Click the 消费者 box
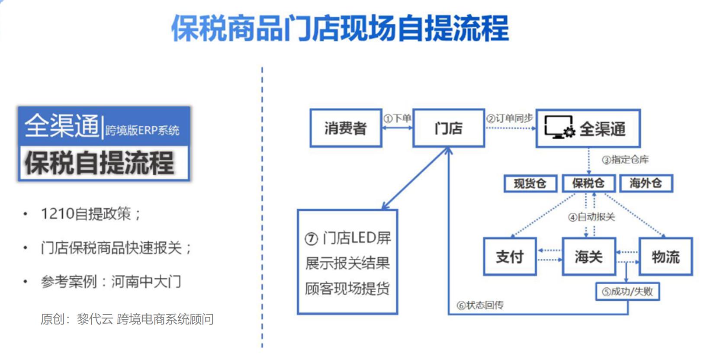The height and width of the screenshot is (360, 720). (345, 128)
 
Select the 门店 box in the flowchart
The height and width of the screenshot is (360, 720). (448, 128)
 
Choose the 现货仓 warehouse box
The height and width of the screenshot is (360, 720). (530, 183)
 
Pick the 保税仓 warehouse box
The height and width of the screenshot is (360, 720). (588, 183)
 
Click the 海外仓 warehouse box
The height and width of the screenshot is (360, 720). (646, 183)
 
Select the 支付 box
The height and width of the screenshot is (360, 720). (510, 257)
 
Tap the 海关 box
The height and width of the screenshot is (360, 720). (588, 257)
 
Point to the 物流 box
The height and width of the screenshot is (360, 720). (665, 257)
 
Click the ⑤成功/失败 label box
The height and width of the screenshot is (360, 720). (627, 292)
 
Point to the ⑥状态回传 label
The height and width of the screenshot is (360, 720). (480, 305)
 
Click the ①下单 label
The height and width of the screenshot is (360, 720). (397, 118)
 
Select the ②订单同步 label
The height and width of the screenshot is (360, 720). (510, 118)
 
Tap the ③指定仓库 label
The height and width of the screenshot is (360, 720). (625, 160)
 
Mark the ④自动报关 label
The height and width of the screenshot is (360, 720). (591, 217)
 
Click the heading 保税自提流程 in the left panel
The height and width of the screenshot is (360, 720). (100, 163)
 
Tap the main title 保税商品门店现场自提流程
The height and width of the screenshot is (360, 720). (340, 29)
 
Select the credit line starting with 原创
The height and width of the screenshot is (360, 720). (127, 319)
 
